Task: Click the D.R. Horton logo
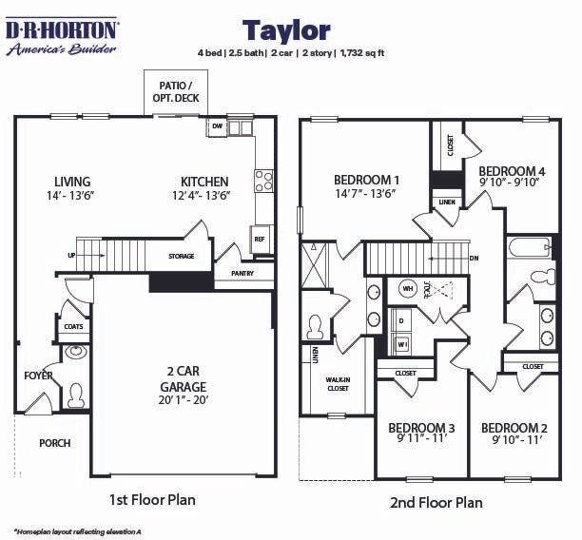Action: [x=63, y=36]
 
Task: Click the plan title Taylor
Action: [x=286, y=30]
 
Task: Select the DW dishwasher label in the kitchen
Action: [x=217, y=126]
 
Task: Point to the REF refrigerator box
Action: [x=259, y=240]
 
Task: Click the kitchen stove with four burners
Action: [x=263, y=181]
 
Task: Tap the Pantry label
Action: [x=244, y=273]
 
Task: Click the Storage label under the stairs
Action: [x=182, y=257]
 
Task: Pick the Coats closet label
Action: [x=74, y=327]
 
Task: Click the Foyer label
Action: [x=39, y=376]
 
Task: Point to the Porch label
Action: [x=54, y=443]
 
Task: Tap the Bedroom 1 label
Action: [x=366, y=180]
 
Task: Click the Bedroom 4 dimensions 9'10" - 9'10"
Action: [x=509, y=183]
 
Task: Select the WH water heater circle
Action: [x=407, y=288]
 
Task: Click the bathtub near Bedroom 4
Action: [x=531, y=248]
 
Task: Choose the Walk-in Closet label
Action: [x=338, y=384]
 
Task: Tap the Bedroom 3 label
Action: [x=421, y=428]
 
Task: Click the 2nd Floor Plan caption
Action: [x=436, y=502]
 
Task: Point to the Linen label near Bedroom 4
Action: [x=445, y=202]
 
